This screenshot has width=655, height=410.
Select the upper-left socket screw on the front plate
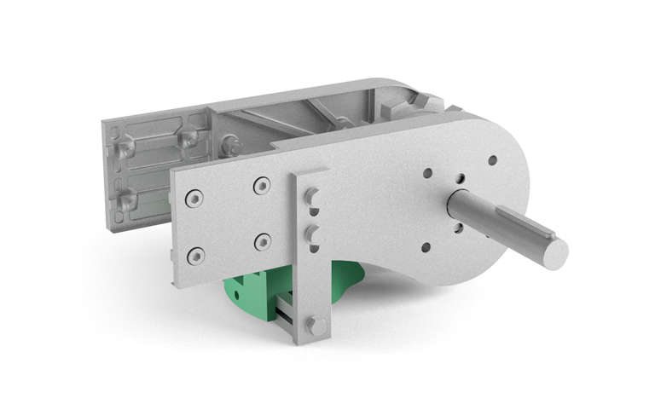click(x=195, y=198)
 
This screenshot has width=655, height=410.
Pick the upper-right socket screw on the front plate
click(x=262, y=185)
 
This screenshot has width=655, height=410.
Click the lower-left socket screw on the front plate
click(x=196, y=254)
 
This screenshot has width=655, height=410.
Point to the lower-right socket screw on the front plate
click(x=262, y=241)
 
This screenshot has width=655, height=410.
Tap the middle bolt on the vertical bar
click(x=312, y=233)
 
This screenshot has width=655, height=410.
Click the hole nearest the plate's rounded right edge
click(x=492, y=159)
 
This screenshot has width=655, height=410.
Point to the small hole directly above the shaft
click(x=460, y=179)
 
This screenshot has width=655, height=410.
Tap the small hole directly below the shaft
click(x=459, y=228)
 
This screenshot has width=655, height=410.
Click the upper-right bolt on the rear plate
click(x=188, y=136)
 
